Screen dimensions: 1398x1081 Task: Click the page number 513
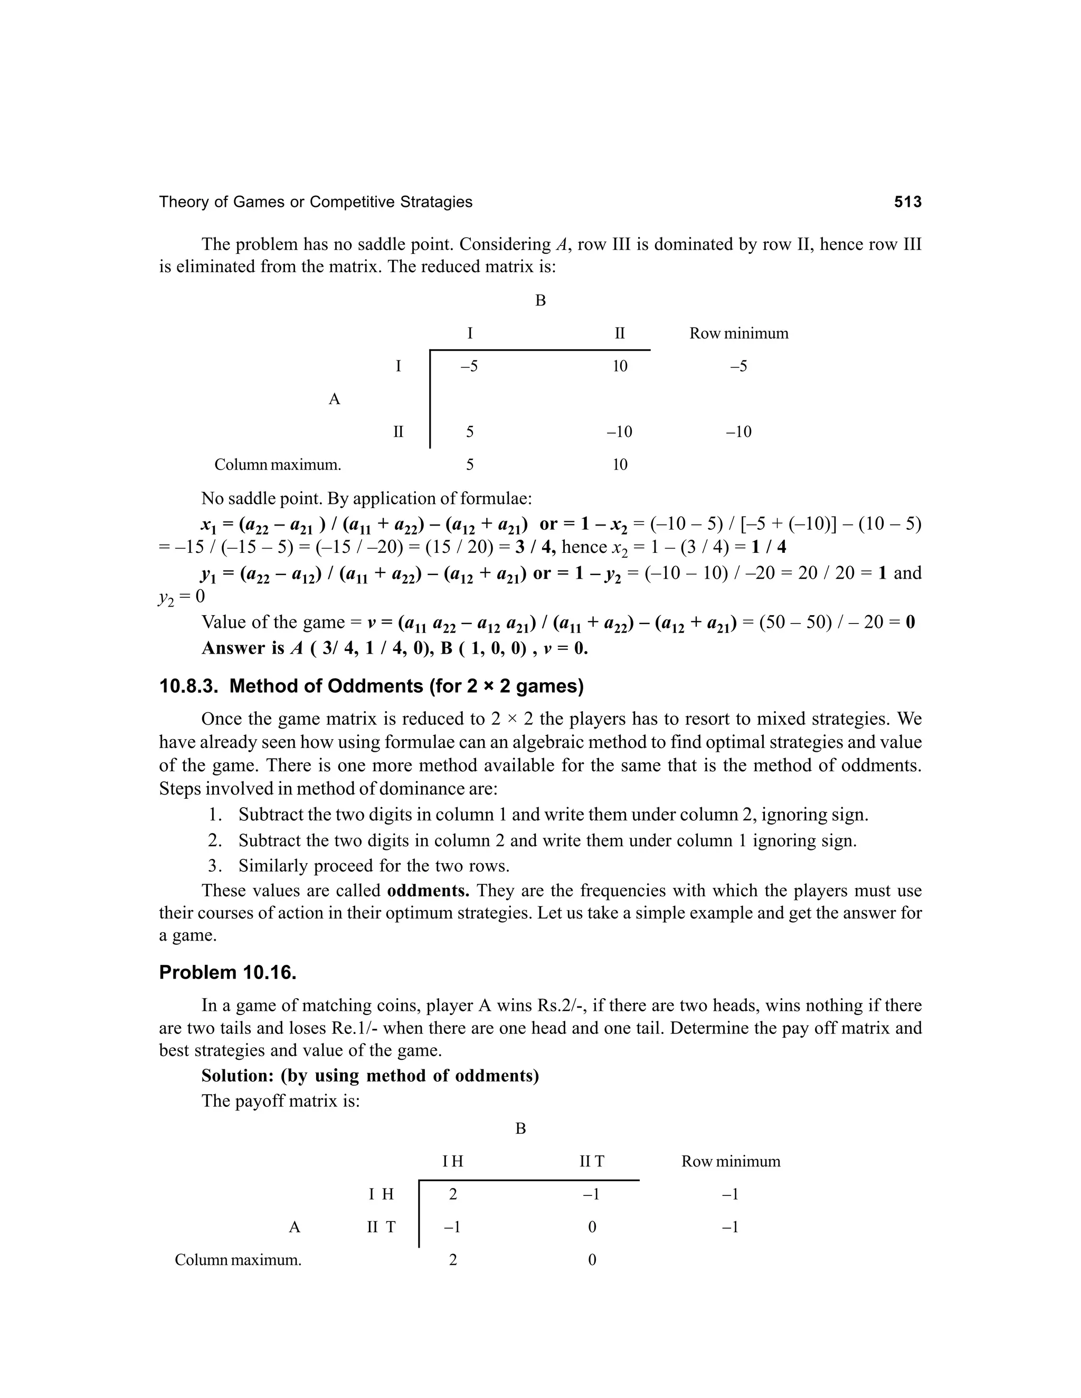click(x=907, y=202)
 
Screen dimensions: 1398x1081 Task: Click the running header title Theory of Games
click(x=315, y=202)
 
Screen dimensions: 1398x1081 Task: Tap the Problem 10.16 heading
click(x=227, y=972)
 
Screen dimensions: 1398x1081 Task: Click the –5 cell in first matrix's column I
click(x=469, y=366)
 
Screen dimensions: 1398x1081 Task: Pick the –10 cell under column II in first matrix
click(x=619, y=432)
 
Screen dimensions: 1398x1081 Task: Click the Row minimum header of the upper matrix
click(x=738, y=333)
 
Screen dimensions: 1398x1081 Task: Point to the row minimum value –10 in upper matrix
click(x=738, y=432)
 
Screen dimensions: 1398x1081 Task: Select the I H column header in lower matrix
click(x=452, y=1161)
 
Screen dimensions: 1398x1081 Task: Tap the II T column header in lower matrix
click(x=591, y=1161)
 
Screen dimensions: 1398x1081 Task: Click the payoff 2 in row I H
click(x=453, y=1194)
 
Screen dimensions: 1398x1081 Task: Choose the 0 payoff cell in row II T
click(x=592, y=1227)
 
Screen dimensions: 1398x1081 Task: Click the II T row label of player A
click(x=381, y=1227)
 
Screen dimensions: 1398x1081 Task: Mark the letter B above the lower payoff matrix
click(x=520, y=1128)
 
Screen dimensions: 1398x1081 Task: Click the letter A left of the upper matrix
click(x=334, y=399)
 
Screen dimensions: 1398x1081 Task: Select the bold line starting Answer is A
click(x=394, y=648)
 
